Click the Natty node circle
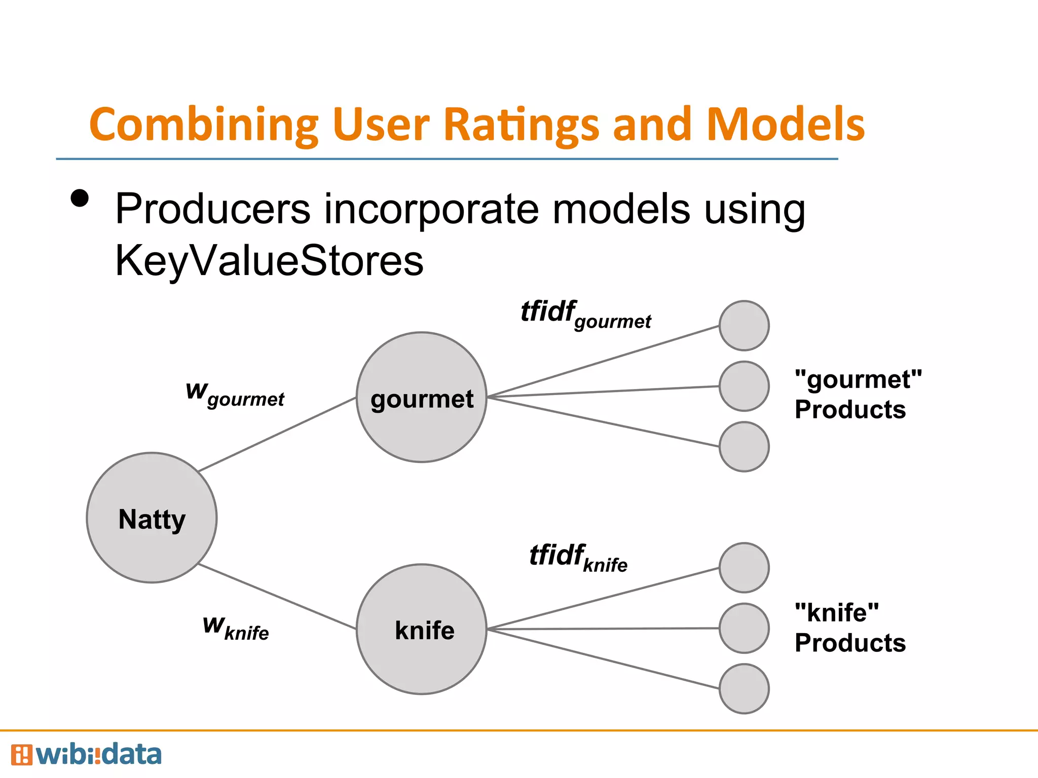click(x=152, y=518)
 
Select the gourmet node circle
click(x=421, y=397)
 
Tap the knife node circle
click(x=421, y=629)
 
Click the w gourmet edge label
click(x=235, y=395)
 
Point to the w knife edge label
click(x=236, y=628)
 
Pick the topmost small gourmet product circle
click(x=744, y=326)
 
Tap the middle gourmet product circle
click(x=744, y=386)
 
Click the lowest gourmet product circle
click(x=744, y=447)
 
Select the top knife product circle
click(x=744, y=568)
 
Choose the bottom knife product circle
click(x=744, y=689)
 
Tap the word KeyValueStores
click(x=269, y=261)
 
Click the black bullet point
click(x=80, y=198)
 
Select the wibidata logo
click(x=86, y=755)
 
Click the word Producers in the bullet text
click(x=212, y=209)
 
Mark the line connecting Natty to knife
click(x=277, y=596)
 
